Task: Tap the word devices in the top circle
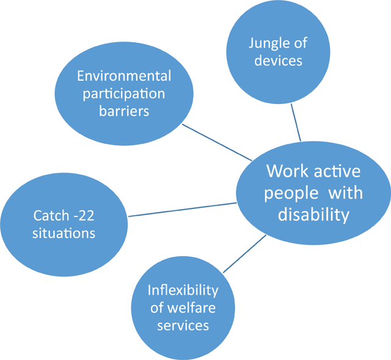(279, 61)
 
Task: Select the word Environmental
(124, 76)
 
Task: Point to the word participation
(124, 94)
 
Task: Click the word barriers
(124, 111)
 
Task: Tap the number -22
(84, 216)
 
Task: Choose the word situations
(64, 233)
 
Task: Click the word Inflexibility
(183, 291)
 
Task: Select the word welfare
(191, 307)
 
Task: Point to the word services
(183, 326)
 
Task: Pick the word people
(291, 194)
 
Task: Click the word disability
(313, 215)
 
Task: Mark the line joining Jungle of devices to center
(296, 122)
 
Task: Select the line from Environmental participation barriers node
(217, 142)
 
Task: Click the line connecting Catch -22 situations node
(182, 210)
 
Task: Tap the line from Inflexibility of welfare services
(244, 254)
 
